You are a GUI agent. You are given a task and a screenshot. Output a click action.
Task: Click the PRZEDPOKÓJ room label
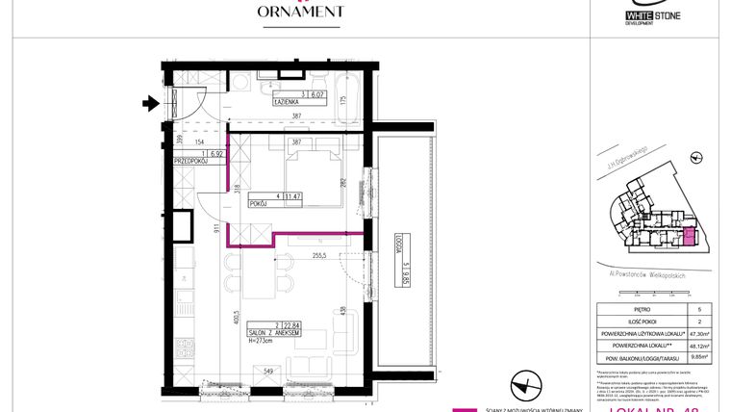[192, 161]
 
